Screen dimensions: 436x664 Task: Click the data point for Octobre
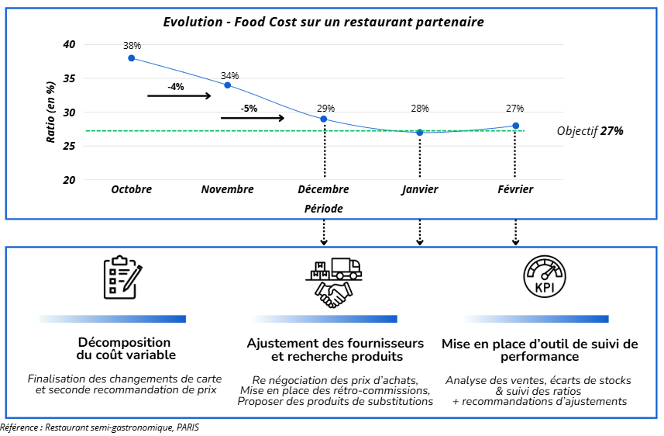132,58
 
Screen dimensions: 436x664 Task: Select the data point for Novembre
228,85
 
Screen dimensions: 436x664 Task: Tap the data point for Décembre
324,119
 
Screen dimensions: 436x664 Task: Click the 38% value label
132,46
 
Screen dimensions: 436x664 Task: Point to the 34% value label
229,76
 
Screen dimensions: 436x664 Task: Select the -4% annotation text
176,87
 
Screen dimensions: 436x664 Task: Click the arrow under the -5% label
253,118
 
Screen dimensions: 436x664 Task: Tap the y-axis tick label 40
70,44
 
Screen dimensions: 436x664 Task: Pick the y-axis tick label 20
70,180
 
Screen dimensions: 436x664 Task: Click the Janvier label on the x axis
420,189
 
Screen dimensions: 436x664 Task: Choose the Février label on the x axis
515,189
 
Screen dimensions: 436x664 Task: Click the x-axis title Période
323,209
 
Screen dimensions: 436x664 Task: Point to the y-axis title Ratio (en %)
50,112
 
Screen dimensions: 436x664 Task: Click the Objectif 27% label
590,131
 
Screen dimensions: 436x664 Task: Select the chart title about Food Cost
323,22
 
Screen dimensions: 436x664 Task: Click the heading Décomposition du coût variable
124,348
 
